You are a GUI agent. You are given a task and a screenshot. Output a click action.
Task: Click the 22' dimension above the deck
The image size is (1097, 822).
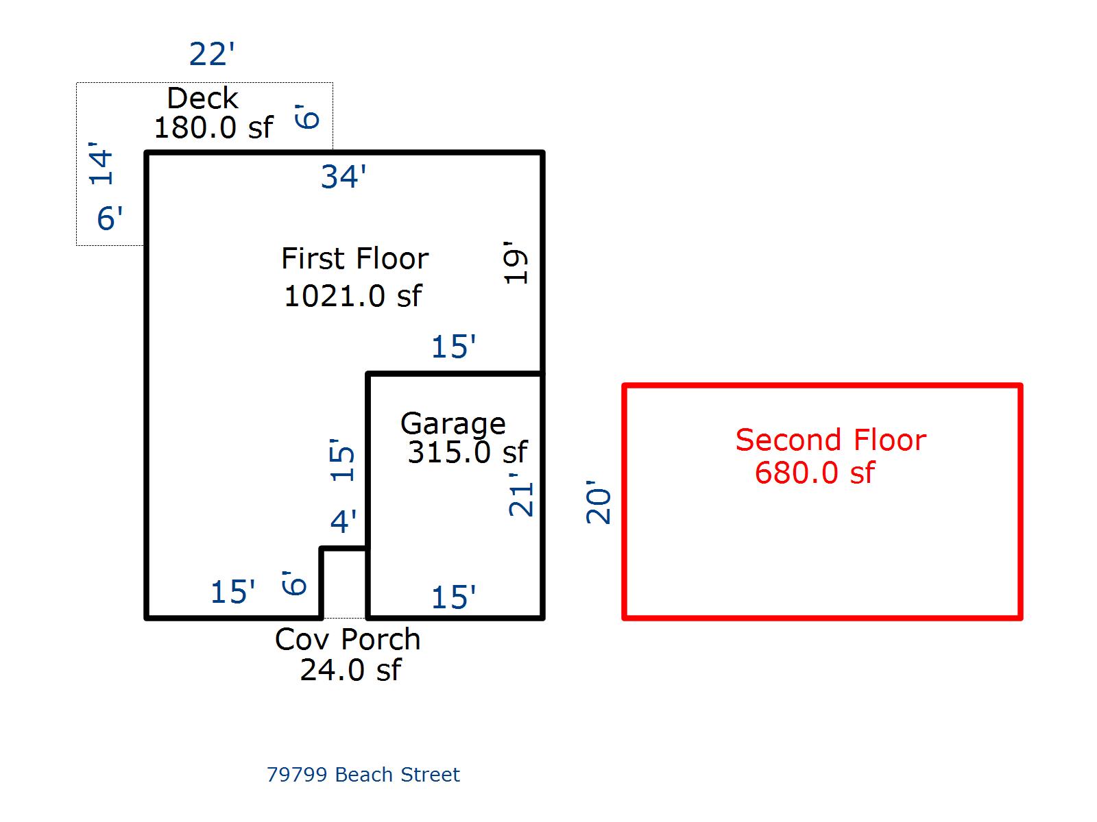(x=212, y=54)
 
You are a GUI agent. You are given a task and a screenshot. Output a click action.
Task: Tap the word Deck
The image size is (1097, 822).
(x=202, y=99)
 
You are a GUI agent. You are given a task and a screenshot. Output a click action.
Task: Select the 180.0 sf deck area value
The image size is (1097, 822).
(x=213, y=127)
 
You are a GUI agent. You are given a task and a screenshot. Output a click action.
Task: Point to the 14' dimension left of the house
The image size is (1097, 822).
(x=101, y=164)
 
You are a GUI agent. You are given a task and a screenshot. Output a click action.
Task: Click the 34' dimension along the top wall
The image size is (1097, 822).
(x=343, y=177)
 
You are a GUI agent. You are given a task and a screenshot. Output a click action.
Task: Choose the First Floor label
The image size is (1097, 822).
(x=354, y=259)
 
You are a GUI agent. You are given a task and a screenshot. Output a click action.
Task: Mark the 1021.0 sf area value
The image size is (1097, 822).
(x=352, y=296)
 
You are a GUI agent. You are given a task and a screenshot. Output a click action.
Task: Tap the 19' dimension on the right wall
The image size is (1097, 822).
(x=516, y=262)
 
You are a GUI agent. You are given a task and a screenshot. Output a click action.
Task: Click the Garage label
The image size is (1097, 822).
(x=453, y=423)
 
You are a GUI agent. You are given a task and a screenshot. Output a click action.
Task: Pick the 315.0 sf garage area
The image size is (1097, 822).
(x=468, y=452)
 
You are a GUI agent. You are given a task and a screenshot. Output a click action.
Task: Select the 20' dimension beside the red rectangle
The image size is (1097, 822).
(x=599, y=506)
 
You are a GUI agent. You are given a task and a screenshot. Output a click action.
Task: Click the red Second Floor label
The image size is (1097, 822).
(x=830, y=440)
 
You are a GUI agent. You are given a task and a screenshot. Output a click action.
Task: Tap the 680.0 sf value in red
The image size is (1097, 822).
(x=815, y=473)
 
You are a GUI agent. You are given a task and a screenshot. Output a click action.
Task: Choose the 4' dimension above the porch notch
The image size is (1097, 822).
(x=343, y=522)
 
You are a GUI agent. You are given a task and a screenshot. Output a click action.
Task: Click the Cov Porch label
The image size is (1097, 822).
(x=347, y=640)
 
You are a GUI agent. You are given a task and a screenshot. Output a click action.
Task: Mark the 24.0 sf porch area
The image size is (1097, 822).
(x=350, y=670)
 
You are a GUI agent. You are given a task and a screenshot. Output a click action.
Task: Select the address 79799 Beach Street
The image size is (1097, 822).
(x=363, y=775)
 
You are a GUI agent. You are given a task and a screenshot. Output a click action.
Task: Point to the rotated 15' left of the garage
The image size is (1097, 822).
(x=343, y=460)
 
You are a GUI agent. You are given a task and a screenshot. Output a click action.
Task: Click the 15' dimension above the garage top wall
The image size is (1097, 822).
(x=453, y=347)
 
